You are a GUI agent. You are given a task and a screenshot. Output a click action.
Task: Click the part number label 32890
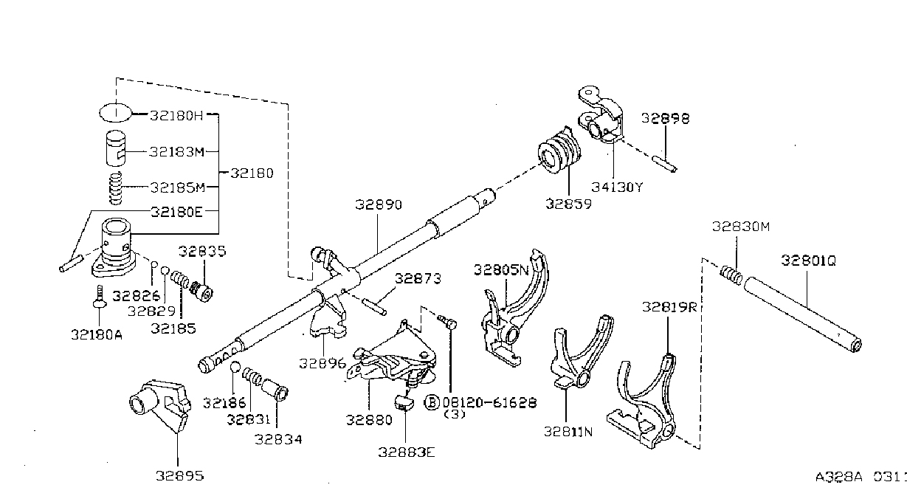pos(379,204)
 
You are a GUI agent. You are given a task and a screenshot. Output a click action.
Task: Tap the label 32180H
pos(176,116)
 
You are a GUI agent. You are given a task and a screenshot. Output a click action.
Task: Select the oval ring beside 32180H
pos(116,112)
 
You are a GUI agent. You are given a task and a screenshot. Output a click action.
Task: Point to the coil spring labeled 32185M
pos(116,188)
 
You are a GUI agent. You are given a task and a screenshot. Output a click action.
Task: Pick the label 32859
pos(568,204)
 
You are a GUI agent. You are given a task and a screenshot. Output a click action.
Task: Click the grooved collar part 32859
pos(559,151)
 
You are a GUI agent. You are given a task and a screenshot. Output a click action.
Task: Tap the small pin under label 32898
pos(664,164)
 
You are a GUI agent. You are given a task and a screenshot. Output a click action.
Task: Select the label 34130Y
pos(617,187)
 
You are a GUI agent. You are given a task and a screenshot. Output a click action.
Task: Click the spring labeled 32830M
pos(731,275)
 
